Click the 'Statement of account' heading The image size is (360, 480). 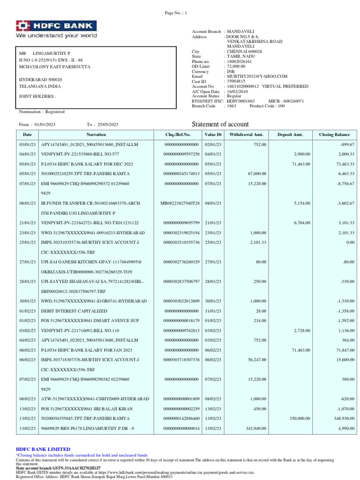pos(221,124)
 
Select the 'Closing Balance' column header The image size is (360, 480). pos(334,135)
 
